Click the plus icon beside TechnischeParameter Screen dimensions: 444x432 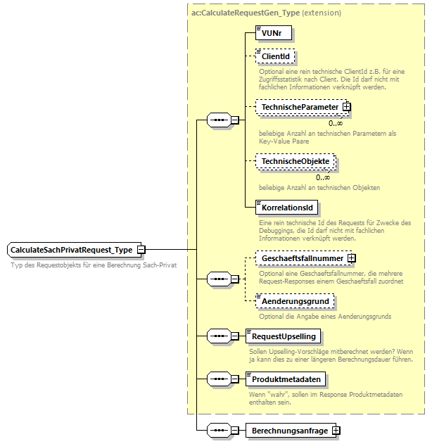[x=346, y=107]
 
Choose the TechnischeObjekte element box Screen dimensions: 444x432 [x=295, y=162]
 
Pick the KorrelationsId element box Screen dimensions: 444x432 [x=287, y=208]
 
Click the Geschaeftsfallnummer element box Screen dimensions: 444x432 [x=299, y=259]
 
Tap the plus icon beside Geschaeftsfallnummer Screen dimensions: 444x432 [x=351, y=259]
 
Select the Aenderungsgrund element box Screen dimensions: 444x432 [x=294, y=301]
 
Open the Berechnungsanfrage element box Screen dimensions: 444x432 [x=288, y=430]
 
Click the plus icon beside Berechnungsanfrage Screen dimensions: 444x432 [x=336, y=430]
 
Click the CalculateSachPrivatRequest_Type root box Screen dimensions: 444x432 [x=72, y=250]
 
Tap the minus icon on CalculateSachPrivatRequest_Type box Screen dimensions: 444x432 [x=141, y=250]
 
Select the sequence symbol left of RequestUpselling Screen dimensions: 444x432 [x=219, y=336]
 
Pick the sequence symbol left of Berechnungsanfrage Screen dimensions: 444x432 [x=219, y=430]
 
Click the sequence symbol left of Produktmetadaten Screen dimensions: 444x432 [x=219, y=379]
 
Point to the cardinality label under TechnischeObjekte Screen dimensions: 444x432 [x=323, y=177]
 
